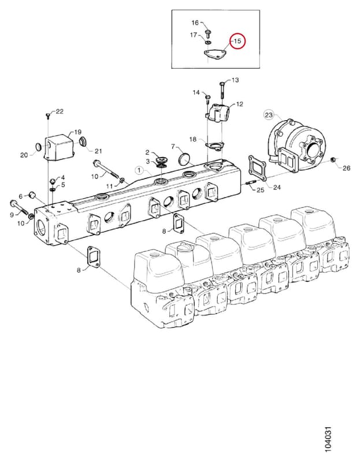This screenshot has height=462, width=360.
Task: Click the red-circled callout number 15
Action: click(237, 41)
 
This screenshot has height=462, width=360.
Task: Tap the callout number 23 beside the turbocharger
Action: click(269, 114)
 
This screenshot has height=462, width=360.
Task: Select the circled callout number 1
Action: click(139, 170)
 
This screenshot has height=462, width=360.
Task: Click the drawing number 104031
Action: click(327, 440)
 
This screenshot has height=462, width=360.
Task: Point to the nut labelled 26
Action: click(333, 160)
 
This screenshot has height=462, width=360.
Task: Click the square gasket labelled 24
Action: click(258, 167)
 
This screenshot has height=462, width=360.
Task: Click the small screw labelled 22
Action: click(48, 116)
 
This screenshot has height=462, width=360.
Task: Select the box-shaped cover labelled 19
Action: click(57, 147)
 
